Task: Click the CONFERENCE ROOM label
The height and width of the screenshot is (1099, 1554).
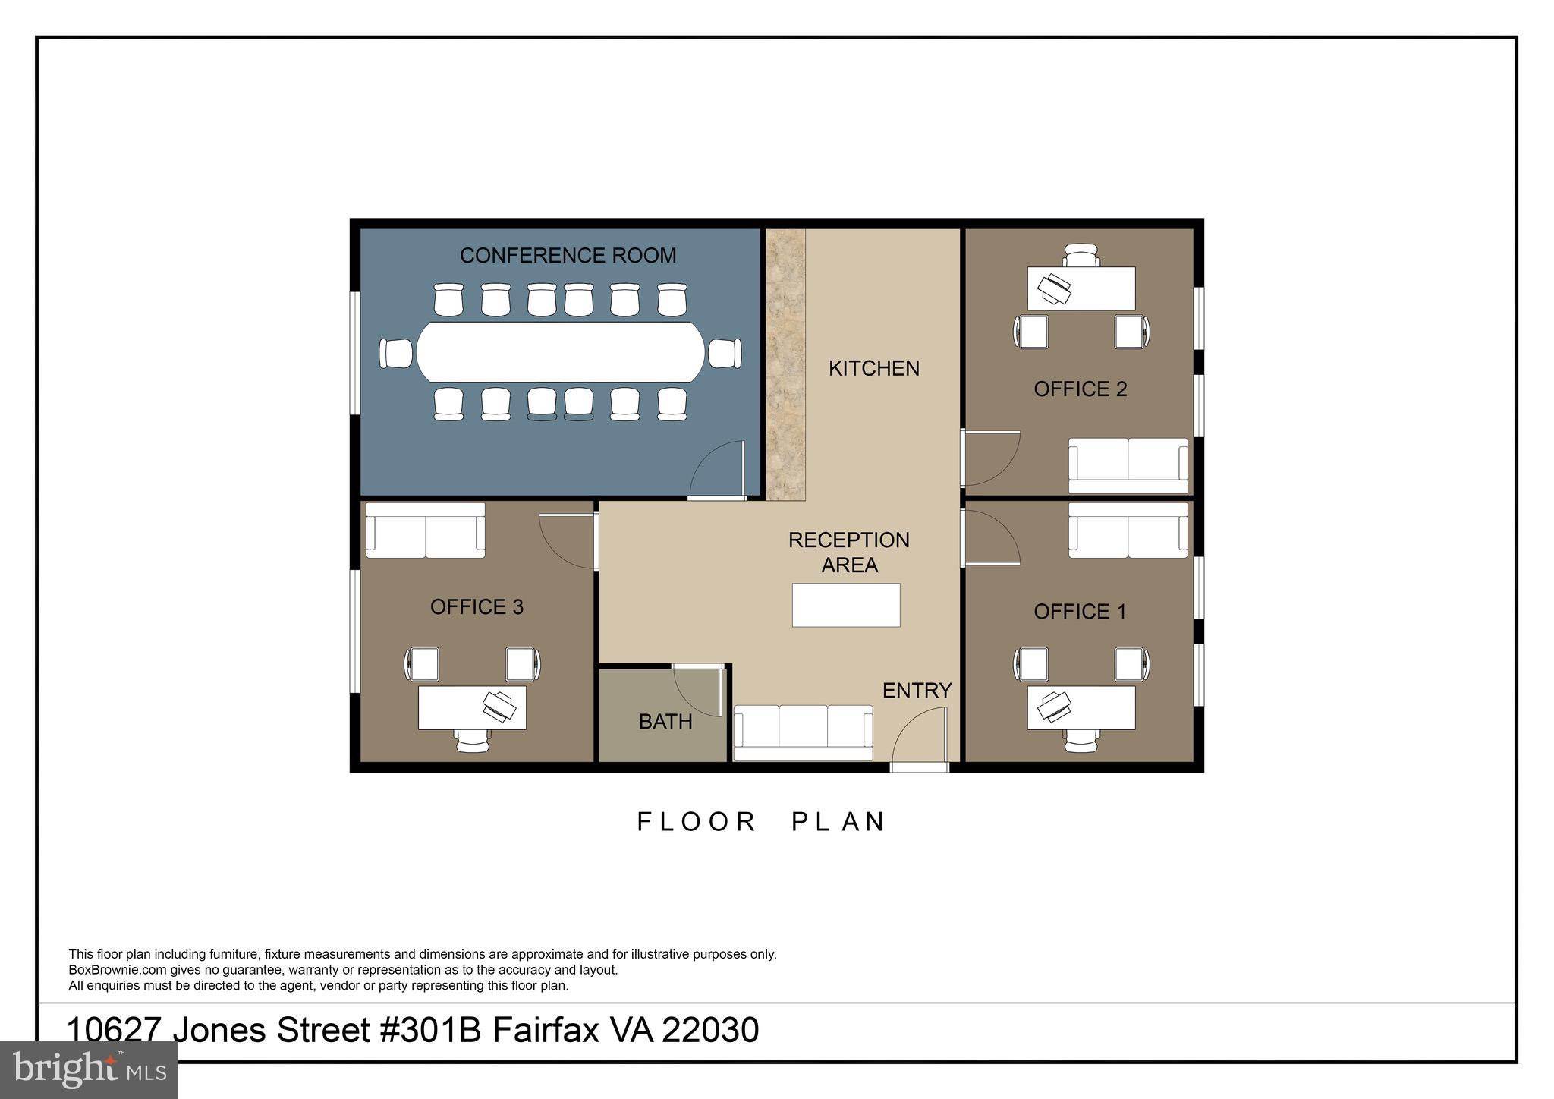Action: [x=568, y=255]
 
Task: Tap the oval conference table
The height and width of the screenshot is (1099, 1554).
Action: [x=561, y=352]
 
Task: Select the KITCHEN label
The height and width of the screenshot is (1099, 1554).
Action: [x=873, y=368]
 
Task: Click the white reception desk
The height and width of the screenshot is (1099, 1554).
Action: [x=846, y=605]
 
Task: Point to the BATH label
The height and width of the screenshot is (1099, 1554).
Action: [x=665, y=721]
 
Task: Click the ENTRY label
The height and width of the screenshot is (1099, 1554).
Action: [x=917, y=690]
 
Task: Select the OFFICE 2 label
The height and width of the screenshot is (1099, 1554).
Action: [x=1080, y=389]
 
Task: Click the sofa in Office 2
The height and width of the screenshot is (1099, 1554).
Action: [x=1128, y=466]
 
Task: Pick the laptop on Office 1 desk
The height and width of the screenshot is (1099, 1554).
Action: [x=1054, y=707]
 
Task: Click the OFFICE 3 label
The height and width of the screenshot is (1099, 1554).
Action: [x=477, y=606]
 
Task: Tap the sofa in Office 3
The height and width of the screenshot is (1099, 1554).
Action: [x=425, y=530]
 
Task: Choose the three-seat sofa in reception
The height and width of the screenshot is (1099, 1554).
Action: [x=803, y=732]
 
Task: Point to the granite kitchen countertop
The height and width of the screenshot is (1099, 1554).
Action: [x=785, y=364]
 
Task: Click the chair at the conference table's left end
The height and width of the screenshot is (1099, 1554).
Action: [x=396, y=353]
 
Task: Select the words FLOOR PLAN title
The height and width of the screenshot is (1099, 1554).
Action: [x=761, y=822]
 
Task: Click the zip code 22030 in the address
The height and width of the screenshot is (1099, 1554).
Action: [x=710, y=1030]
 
